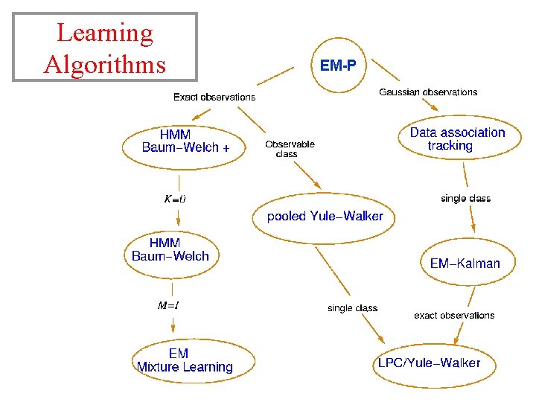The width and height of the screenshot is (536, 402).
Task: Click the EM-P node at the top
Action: coord(338,66)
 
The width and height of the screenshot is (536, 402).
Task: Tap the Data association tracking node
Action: coord(456,139)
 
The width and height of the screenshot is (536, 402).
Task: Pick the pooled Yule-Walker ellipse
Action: coord(325,217)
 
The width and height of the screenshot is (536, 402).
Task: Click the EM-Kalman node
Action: coord(465,263)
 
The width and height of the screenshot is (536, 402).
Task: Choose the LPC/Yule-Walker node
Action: coord(429,363)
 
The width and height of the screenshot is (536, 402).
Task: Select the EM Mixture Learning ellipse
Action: coord(185,360)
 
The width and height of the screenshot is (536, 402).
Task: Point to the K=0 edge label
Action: coord(175,199)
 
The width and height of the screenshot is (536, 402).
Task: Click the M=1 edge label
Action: coord(168,305)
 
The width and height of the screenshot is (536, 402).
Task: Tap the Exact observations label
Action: coord(214,97)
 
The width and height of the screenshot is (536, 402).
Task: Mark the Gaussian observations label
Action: coord(428,92)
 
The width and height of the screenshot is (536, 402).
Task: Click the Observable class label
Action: coord(290,149)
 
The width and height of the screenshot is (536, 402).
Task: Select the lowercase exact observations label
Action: coord(454,315)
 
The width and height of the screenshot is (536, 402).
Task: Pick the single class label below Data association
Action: coord(465,199)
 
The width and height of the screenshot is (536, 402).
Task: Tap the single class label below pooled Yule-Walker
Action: coord(352,308)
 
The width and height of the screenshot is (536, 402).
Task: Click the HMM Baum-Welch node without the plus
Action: coord(170,249)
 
